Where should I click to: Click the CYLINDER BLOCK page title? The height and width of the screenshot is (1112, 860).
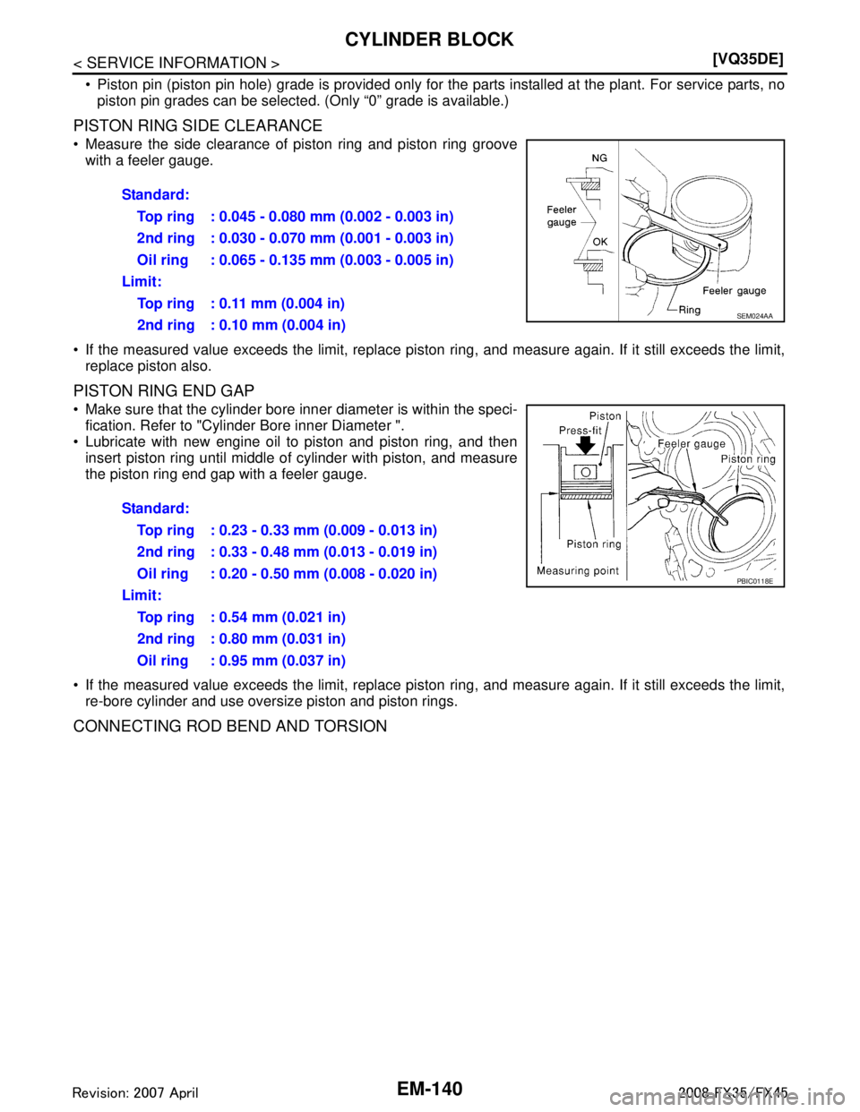pos(429,39)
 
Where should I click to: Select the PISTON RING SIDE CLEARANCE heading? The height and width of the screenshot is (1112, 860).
pos(198,125)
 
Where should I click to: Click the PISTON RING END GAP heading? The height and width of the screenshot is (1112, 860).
pos(164,391)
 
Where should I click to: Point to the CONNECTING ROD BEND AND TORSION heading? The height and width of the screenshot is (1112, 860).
pos(230,726)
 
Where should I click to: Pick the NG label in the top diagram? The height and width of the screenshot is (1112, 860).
pos(599,158)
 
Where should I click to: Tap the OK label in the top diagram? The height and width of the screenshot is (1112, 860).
pos(600,242)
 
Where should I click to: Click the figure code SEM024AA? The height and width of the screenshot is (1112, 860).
pos(754,316)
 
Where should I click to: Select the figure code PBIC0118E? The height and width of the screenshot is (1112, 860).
pos(754,581)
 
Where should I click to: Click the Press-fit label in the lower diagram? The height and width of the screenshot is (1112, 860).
pos(580,431)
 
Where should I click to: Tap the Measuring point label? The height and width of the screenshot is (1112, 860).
pos(578,571)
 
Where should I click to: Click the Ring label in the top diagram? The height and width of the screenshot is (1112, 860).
pos(689,310)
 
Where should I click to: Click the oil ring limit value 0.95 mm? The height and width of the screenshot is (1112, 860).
pos(248,661)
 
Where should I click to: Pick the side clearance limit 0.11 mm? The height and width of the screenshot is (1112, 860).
pos(248,304)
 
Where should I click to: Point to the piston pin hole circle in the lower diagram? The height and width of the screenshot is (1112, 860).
pos(586,471)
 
